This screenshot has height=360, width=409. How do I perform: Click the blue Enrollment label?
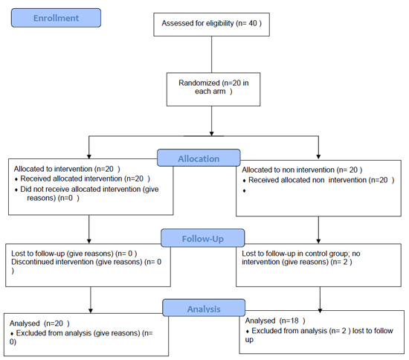tap(56, 18)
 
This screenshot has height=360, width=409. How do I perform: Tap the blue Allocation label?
tap(199, 158)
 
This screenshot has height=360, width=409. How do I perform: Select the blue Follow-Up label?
tap(203, 238)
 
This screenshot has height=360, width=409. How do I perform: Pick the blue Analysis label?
tap(204, 308)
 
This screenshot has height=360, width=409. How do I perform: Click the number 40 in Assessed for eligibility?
tap(253, 23)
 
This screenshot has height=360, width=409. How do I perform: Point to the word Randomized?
tap(199, 83)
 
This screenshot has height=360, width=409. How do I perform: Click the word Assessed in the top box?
tap(177, 23)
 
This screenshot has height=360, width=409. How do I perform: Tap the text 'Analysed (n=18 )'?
tap(275, 321)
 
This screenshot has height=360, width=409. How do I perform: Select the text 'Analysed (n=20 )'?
tap(39, 324)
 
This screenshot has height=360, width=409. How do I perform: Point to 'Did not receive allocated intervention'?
tap(80, 189)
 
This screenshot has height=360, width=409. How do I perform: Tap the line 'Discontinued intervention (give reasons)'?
tap(77, 262)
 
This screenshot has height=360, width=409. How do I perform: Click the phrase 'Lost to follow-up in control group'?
tap(295, 254)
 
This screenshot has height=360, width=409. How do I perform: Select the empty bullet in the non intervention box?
tap(244, 190)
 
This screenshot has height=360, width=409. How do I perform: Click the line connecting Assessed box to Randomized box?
tap(211, 54)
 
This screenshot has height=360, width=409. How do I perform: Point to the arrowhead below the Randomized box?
tap(211, 134)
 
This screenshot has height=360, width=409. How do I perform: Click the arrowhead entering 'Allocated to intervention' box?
tap(89, 156)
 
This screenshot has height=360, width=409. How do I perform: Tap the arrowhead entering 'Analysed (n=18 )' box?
tap(320, 310)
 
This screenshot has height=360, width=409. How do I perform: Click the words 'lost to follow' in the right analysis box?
tap(373, 331)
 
